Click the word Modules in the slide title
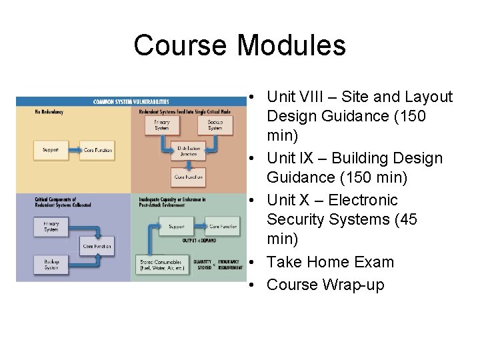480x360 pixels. tap(291, 45)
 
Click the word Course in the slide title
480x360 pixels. tap(180, 45)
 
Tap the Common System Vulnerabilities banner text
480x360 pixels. tap(131, 101)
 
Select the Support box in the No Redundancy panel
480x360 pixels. tap(51, 150)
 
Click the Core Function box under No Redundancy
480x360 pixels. tap(97, 150)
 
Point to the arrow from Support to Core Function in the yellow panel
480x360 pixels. tap(74, 150)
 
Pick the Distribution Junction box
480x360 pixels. tap(189, 151)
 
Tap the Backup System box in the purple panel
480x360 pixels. tap(51, 264)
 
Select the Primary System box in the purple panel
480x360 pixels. tap(51, 227)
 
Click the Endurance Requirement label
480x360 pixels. tap(230, 265)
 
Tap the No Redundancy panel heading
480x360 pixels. tap(49, 112)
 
